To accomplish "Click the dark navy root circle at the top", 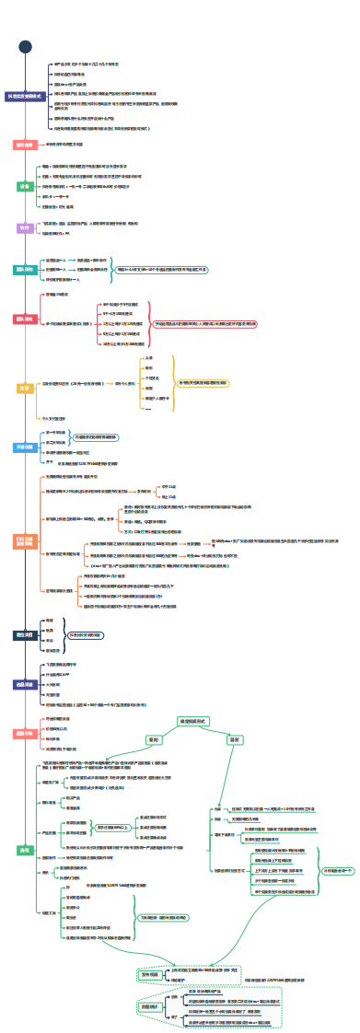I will (x=25, y=47).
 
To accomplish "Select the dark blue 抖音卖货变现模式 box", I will (x=25, y=96).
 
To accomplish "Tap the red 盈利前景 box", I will (x=24, y=145).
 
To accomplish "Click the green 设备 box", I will (x=25, y=186).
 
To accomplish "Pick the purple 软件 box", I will (x=25, y=227).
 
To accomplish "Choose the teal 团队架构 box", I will (x=25, y=270).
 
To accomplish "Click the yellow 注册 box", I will (x=25, y=389).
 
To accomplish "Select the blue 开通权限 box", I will (x=25, y=447).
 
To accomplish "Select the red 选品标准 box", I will (x=25, y=734).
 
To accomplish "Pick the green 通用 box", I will (x=25, y=849).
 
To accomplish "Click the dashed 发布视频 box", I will (x=151, y=947).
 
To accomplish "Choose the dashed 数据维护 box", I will (x=151, y=982).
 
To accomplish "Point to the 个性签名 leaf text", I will (x=154, y=378).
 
